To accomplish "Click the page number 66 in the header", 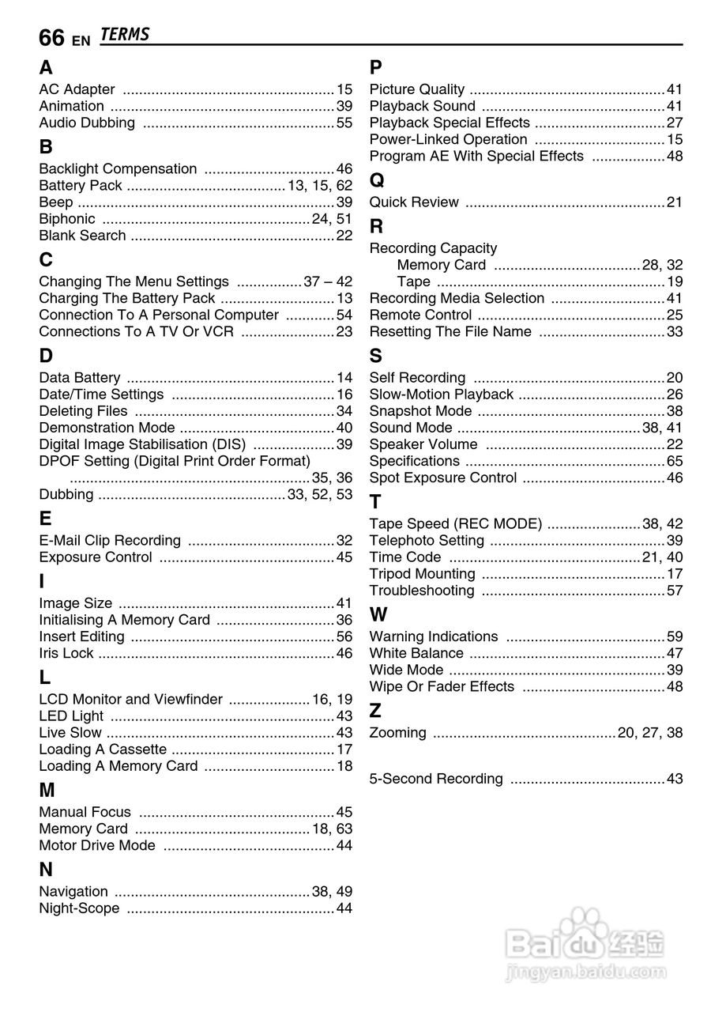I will pyautogui.click(x=51, y=37).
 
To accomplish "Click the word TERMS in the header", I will pyautogui.click(x=125, y=35).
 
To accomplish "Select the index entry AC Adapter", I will pyautogui.click(x=77, y=89).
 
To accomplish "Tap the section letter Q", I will pyautogui.click(x=377, y=180).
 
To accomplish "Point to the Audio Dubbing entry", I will pyautogui.click(x=87, y=123).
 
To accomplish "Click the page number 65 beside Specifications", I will pyautogui.click(x=674, y=461).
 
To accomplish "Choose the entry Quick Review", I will pyautogui.click(x=414, y=202).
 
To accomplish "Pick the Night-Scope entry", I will pyautogui.click(x=80, y=908).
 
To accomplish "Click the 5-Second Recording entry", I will pyautogui.click(x=436, y=779).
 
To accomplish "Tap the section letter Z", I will pyautogui.click(x=375, y=711).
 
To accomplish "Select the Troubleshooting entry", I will pyautogui.click(x=422, y=591).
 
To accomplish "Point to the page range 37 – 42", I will pyautogui.click(x=328, y=281).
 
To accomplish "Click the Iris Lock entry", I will pyautogui.click(x=66, y=653).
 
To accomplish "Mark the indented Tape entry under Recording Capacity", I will pyautogui.click(x=414, y=281).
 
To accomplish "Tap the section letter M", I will pyautogui.click(x=47, y=790).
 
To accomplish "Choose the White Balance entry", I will pyautogui.click(x=416, y=653).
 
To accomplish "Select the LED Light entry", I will pyautogui.click(x=71, y=716).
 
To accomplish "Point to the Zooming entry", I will pyautogui.click(x=398, y=733).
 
